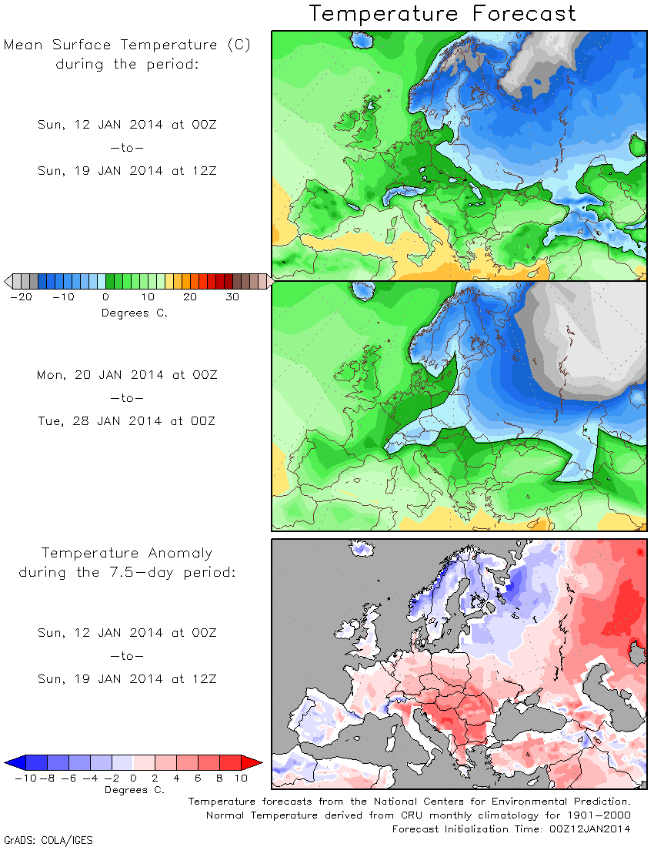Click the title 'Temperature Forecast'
[442, 14]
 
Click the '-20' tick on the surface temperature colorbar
[22, 297]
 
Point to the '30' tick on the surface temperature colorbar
[232, 297]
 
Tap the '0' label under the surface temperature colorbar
[105, 297]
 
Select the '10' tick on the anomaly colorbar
[241, 778]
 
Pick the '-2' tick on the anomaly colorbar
[112, 778]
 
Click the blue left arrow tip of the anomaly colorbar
[5, 763]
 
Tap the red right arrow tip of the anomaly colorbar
[262, 763]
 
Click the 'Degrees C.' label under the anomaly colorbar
[135, 790]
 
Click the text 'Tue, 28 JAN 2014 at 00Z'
[127, 420]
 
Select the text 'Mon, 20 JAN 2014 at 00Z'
[127, 375]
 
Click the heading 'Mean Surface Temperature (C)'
[127, 45]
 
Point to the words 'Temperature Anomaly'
[127, 553]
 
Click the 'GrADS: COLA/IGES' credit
[48, 840]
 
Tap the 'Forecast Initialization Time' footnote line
[511, 829]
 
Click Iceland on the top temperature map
[362, 40]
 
